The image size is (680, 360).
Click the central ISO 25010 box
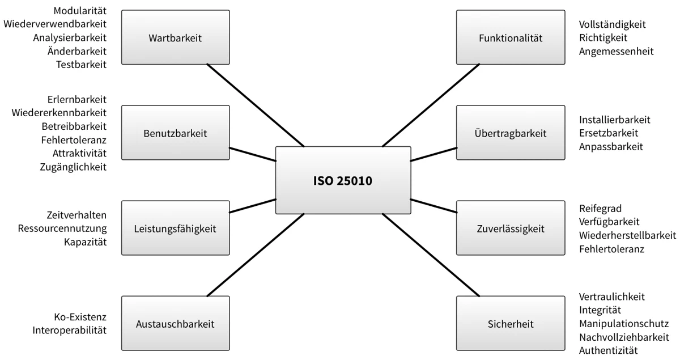click(x=343, y=180)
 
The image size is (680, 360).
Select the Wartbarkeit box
click(x=176, y=37)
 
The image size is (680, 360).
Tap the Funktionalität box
click(x=511, y=37)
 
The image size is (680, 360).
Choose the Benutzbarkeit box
click(x=176, y=133)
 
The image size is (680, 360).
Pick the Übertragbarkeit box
click(x=511, y=133)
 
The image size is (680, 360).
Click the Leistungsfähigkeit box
click(x=176, y=228)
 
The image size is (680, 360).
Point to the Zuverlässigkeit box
click(x=511, y=228)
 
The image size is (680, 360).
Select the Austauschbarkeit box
click(x=176, y=323)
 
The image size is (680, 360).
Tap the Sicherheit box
click(x=511, y=323)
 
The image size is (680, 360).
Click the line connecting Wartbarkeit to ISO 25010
click(x=256, y=105)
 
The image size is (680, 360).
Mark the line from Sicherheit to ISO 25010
click(x=431, y=255)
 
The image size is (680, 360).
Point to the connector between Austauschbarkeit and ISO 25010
click(x=256, y=255)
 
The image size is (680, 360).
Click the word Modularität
click(x=80, y=11)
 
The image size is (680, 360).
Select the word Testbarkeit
click(x=82, y=65)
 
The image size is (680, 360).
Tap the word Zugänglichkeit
click(x=73, y=167)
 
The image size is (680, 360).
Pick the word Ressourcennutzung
click(x=62, y=228)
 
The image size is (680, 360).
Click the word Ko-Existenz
click(x=80, y=317)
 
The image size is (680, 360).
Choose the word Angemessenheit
click(x=617, y=52)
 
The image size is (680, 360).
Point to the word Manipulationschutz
click(x=624, y=324)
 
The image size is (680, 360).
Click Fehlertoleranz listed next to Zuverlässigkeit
click(x=611, y=249)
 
